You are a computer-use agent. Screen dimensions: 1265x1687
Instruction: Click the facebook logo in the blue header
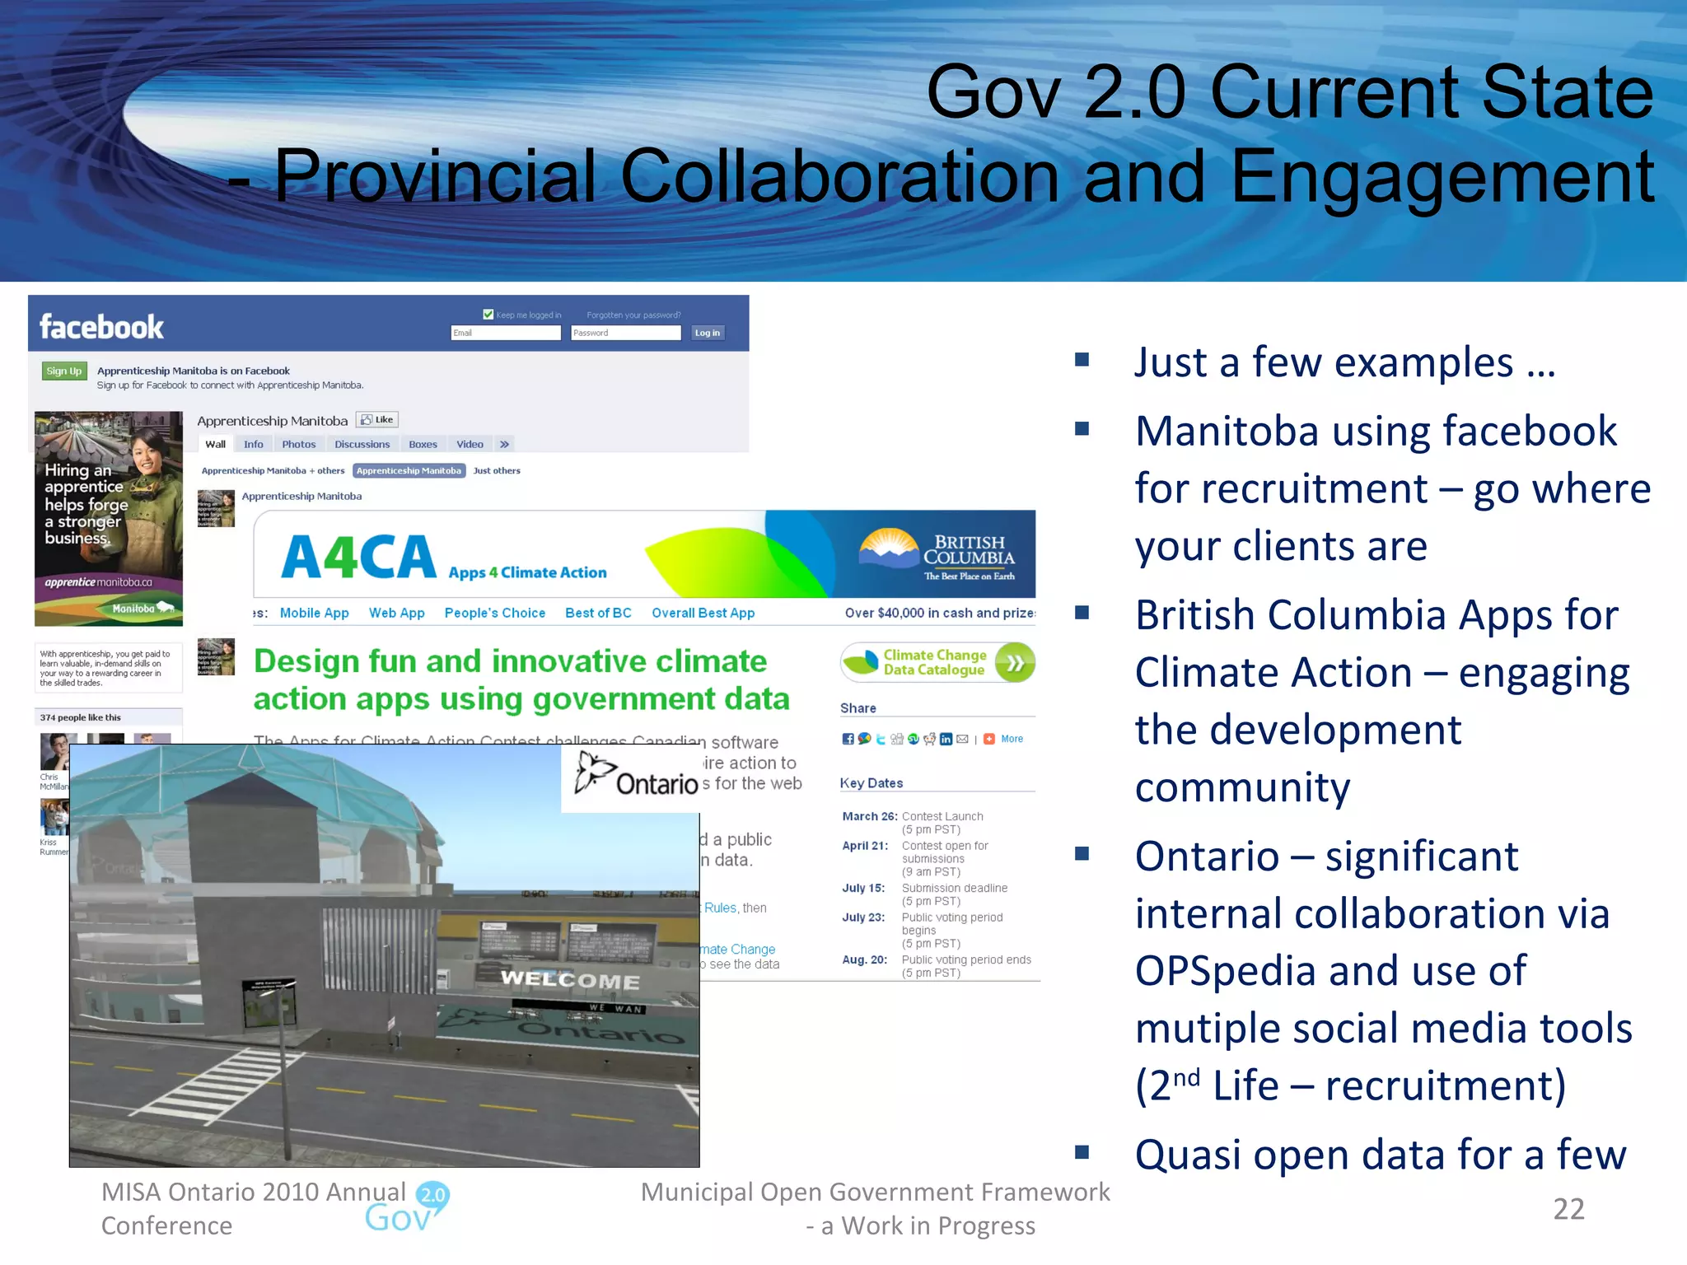[101, 327]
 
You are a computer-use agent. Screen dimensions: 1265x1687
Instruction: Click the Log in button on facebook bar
[707, 333]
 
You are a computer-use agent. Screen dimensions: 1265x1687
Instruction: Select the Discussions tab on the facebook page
[362, 444]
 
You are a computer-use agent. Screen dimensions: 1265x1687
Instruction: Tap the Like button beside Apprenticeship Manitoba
[377, 419]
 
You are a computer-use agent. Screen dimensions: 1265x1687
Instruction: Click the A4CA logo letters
[358, 558]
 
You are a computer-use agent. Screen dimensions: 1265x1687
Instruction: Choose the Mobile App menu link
[314, 613]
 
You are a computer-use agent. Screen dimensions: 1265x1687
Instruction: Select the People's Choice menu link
[494, 613]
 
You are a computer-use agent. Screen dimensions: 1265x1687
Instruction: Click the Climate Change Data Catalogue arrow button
[1015, 663]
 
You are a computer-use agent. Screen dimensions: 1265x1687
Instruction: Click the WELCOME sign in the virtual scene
[570, 980]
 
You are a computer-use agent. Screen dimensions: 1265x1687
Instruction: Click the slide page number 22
[1568, 1209]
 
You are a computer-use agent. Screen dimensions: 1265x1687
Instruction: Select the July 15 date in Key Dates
[863, 888]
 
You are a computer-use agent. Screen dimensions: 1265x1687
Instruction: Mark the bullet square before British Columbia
[1082, 612]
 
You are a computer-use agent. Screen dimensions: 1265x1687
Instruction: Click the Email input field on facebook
[506, 333]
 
